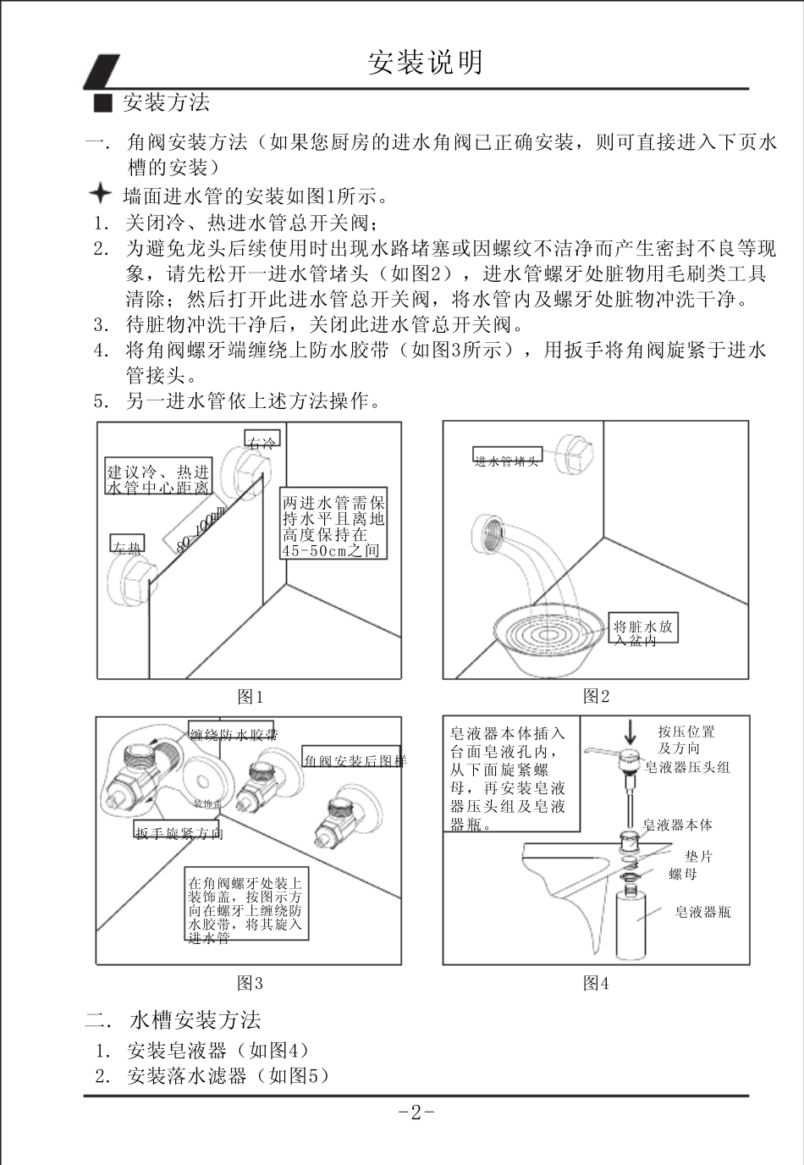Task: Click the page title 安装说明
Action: pos(426,62)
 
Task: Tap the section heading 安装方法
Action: pos(166,103)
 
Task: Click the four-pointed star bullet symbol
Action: pos(100,195)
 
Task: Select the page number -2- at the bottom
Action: pos(416,1113)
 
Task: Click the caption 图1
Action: pos(250,697)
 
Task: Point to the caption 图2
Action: pos(596,696)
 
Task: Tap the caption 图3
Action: pos(250,983)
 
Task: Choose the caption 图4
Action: pos(596,983)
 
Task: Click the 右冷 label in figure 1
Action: pos(262,439)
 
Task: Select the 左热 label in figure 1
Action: pos(128,544)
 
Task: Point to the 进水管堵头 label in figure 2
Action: pos(506,460)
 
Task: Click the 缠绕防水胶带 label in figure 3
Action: pos(233,734)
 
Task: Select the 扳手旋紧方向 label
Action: pos(179,833)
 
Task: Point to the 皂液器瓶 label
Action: pos(702,912)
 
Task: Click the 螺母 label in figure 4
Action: pos(683,874)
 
